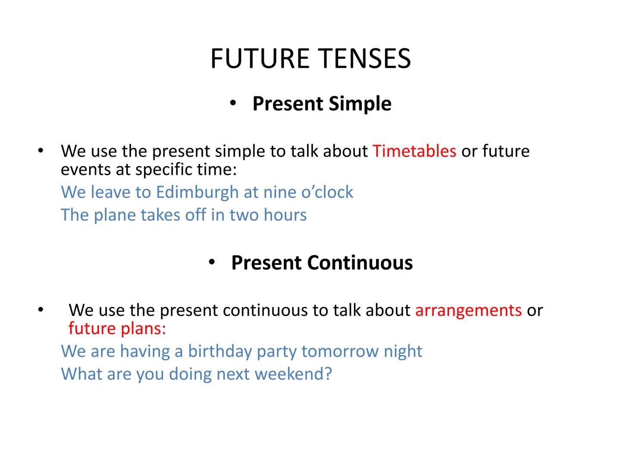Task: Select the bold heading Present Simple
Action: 321,104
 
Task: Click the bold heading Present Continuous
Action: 322,263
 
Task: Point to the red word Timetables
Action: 414,151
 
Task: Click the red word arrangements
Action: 468,310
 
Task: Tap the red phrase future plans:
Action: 117,329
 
